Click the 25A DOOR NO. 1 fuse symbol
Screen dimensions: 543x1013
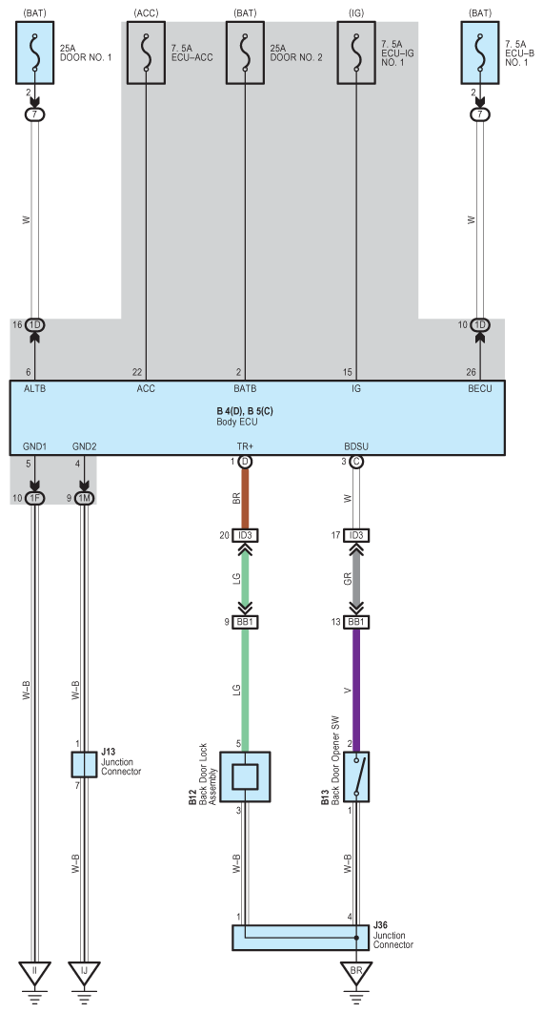[x=35, y=52]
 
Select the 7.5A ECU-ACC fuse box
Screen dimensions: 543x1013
[x=146, y=52]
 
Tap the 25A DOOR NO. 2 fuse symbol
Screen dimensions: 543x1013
[x=245, y=52]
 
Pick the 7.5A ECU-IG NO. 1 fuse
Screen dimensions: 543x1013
[x=356, y=52]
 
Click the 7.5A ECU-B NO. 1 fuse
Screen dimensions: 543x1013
[x=480, y=52]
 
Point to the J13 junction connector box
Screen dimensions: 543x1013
[x=84, y=765]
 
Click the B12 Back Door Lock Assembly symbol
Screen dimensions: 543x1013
[x=245, y=776]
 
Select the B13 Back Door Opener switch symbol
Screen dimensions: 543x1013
[x=356, y=776]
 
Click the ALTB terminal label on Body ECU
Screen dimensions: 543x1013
[x=35, y=389]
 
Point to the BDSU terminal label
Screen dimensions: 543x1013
[x=356, y=446]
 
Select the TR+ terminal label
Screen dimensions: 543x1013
[x=245, y=446]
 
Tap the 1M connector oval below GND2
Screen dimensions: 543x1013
[x=85, y=498]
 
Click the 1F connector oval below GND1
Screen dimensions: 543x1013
[x=35, y=498]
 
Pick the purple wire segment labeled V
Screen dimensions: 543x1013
[x=356, y=690]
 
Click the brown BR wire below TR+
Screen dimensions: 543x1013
[x=245, y=498]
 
